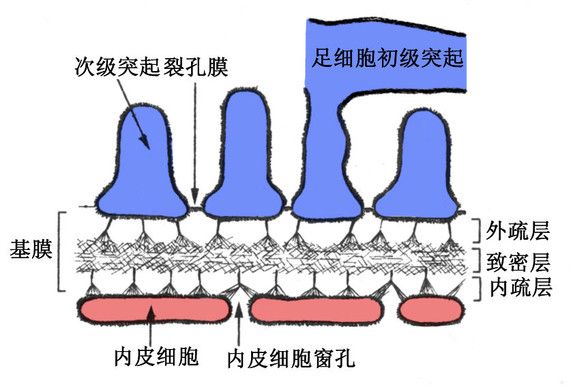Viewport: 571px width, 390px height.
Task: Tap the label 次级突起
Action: [x=117, y=67]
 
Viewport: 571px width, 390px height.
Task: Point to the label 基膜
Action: [x=31, y=251]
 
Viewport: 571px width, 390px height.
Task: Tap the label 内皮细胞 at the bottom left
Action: [x=156, y=357]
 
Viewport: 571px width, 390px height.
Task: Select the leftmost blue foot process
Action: [x=142, y=164]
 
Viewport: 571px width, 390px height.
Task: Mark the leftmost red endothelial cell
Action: [x=156, y=309]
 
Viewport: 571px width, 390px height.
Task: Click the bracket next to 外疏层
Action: [x=478, y=230]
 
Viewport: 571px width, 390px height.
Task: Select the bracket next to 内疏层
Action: [x=478, y=287]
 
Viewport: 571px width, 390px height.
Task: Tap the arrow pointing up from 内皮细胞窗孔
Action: [x=239, y=324]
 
